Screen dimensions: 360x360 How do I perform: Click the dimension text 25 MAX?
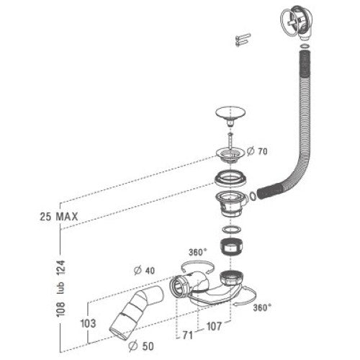pos(59,217)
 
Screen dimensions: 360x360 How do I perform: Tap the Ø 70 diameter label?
pos(257,151)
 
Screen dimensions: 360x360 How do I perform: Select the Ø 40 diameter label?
pos(144,271)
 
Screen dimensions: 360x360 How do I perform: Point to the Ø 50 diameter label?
pos(141,346)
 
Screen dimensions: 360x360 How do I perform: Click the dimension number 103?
pos(88,323)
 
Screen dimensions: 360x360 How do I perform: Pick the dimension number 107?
pos(214,326)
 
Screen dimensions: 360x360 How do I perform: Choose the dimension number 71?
pos(188,335)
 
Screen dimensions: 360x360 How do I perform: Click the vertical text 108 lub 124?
pos(60,288)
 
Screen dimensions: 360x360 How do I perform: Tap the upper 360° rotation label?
pos(197,252)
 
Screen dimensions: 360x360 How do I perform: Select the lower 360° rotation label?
pos(262,307)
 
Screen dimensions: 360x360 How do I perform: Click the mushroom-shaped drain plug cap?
pos(230,116)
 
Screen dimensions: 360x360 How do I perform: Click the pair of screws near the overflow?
pos(243,40)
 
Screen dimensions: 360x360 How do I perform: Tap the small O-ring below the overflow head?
pos(305,46)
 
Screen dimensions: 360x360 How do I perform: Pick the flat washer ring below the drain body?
pos(231,230)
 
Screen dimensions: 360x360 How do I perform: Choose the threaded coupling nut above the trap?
pos(231,246)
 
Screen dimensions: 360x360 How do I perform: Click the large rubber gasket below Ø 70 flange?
pos(230,178)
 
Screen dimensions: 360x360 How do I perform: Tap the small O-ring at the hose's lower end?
pos(253,196)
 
